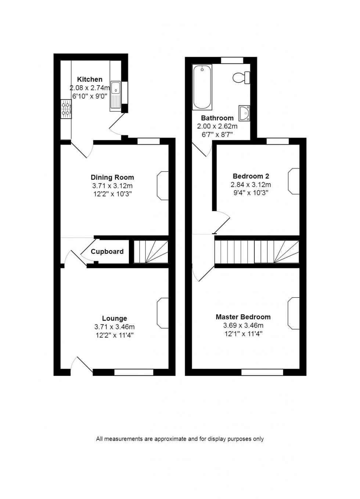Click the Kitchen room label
tap(90, 79)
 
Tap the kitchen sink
tap(115, 95)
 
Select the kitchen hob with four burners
tap(66, 109)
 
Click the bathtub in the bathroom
tap(202, 87)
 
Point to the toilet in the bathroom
tap(241, 77)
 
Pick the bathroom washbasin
tap(244, 113)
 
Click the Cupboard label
tap(107, 252)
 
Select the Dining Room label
tap(112, 178)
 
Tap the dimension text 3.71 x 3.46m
tap(114, 327)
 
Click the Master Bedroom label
tap(243, 317)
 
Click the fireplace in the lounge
tap(163, 313)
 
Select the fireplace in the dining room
tap(163, 186)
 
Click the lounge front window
tap(134, 372)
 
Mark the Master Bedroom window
tap(262, 372)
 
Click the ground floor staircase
tap(151, 252)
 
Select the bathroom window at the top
tap(232, 60)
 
